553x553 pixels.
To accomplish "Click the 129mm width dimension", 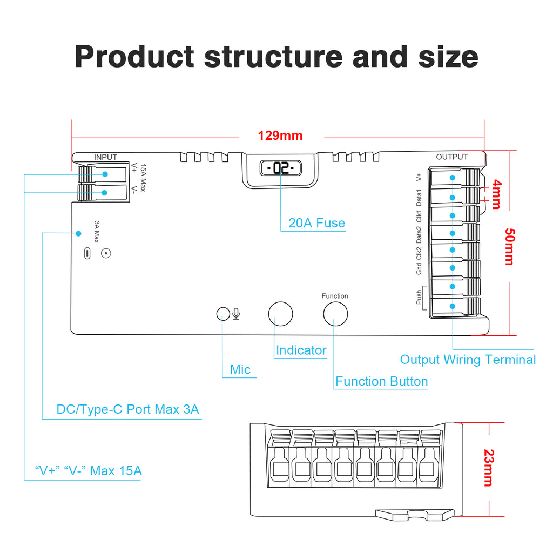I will coord(280,136).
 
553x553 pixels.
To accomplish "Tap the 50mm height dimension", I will coord(509,246).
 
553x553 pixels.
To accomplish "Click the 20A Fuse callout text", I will coord(316,223).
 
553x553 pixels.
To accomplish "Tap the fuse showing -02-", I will coord(280,168).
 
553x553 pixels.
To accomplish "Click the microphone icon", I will coord(236,314).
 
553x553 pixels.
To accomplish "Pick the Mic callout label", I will coord(240,369).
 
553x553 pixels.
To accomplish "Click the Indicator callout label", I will coord(301,350).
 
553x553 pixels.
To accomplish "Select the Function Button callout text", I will coord(382,381).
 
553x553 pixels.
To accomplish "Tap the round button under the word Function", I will coord(335,314).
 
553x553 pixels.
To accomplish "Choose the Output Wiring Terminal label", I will coord(468,360).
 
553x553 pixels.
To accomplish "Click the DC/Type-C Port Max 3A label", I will coord(128,409).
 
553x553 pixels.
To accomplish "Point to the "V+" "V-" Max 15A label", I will coord(88,471).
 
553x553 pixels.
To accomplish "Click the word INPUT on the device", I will coord(105,157).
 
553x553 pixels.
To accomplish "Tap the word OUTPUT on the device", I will coord(452,157).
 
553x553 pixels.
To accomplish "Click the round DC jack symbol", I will coord(106,253).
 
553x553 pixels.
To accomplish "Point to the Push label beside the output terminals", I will coord(419,298).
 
